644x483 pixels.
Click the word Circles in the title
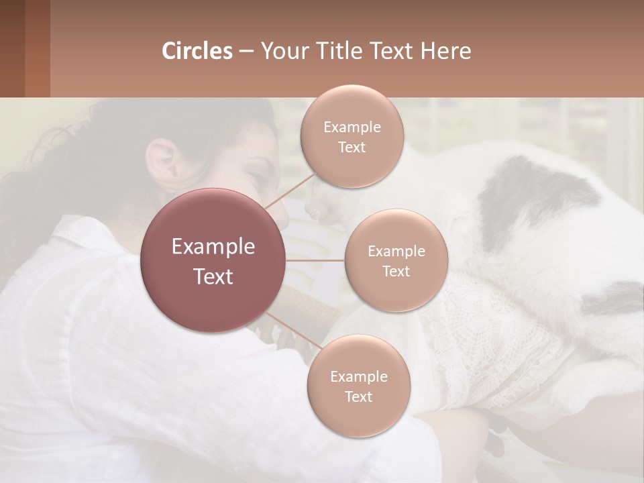[197, 51]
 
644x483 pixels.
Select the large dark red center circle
[213, 260]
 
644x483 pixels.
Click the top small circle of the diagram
[352, 136]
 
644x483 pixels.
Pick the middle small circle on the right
[396, 260]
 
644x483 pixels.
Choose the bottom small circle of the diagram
[358, 386]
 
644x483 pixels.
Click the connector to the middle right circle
[315, 260]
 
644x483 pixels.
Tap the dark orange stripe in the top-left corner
[37, 48]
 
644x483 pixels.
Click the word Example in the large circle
[213, 247]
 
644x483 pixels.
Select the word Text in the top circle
[352, 147]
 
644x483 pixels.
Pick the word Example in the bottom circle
[358, 376]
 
